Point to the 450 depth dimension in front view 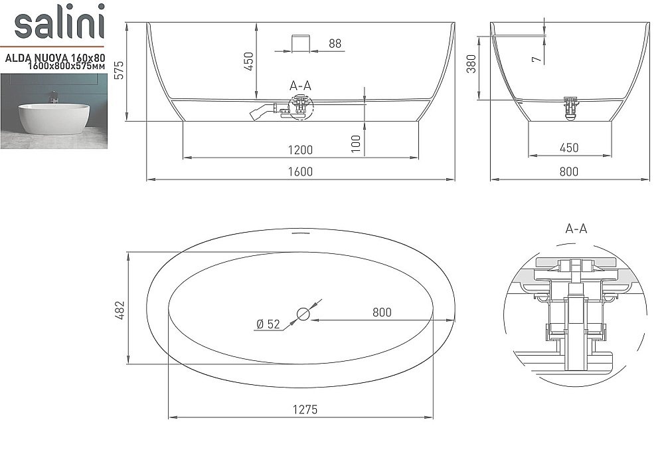pos(249,61)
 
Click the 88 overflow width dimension pos(335,44)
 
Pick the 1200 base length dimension pos(300,150)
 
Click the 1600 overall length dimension pos(300,172)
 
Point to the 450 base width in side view pos(569,148)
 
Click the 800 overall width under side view pos(569,172)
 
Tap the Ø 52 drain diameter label pos(268,324)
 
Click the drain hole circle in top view pos(303,313)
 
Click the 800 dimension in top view pos(382,312)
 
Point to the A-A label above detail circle pos(576,229)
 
